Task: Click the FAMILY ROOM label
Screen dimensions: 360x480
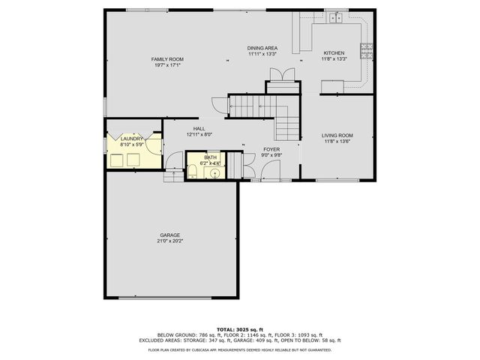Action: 167,58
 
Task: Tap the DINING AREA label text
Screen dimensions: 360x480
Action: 262,47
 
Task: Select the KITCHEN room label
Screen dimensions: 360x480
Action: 334,52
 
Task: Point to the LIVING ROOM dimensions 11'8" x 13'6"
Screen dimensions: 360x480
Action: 337,141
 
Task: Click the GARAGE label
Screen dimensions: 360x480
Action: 169,235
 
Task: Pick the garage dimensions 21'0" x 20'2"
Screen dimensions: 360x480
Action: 169,241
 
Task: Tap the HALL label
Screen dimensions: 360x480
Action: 199,128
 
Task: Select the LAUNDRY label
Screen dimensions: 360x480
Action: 132,138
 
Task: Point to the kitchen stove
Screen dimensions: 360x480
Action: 367,51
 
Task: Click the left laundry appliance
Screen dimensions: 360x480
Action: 117,159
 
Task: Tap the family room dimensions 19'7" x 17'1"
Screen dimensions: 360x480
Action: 167,65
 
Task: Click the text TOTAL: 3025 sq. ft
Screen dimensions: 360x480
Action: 239,329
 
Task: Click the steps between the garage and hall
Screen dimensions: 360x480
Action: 173,176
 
